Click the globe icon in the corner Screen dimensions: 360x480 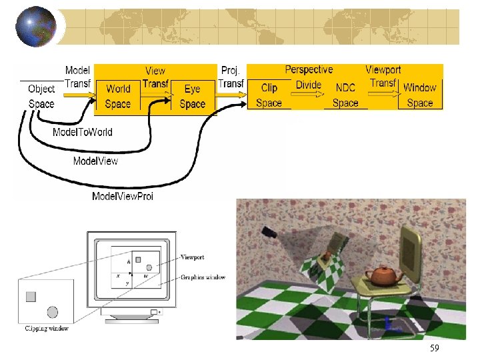click(x=35, y=27)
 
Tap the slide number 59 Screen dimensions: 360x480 click(x=435, y=349)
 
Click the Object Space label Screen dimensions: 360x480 click(x=41, y=97)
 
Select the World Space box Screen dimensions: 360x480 click(x=118, y=96)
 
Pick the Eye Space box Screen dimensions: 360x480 click(x=192, y=96)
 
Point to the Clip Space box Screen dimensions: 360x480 click(x=269, y=95)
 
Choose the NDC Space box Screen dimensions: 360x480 click(x=345, y=95)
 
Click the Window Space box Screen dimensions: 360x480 click(x=419, y=95)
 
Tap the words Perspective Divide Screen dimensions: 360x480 click(x=309, y=77)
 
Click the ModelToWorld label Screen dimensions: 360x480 click(x=83, y=132)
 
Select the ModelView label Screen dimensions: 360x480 click(x=95, y=161)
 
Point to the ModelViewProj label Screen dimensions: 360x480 click(x=123, y=196)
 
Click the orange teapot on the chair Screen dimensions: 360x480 click(x=381, y=275)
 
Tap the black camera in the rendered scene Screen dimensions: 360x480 click(x=270, y=233)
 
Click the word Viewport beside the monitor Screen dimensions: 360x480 click(x=193, y=257)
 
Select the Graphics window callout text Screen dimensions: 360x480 click(x=203, y=277)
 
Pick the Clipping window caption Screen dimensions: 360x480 click(x=47, y=328)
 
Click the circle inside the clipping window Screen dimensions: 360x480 click(x=53, y=311)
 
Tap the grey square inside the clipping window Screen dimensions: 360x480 click(x=31, y=297)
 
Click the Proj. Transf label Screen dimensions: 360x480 click(x=231, y=77)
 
